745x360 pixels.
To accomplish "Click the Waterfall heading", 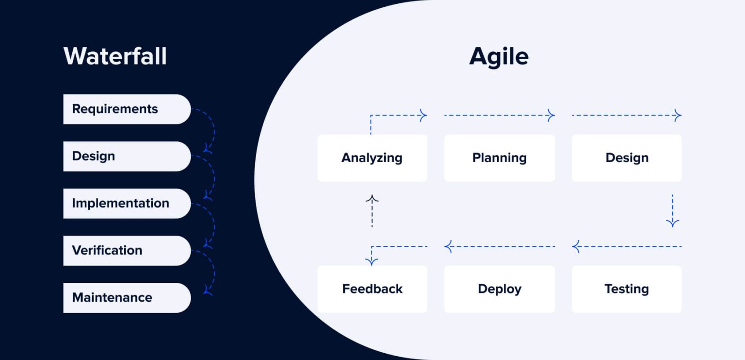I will pyautogui.click(x=115, y=56).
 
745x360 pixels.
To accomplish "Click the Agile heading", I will pyautogui.click(x=499, y=56).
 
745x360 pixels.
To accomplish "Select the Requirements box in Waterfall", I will pyautogui.click(x=127, y=109).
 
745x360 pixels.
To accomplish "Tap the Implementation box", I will pyautogui.click(x=127, y=203).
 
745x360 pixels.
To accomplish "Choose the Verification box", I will pyautogui.click(x=127, y=250).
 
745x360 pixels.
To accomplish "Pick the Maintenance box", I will pyautogui.click(x=127, y=297).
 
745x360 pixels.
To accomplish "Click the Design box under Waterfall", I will pyautogui.click(x=127, y=156).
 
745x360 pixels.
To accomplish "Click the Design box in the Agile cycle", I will pyautogui.click(x=627, y=158).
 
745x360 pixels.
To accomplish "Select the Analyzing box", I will pyautogui.click(x=372, y=158).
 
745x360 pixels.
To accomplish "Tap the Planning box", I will pyautogui.click(x=499, y=158).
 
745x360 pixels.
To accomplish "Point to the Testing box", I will pyautogui.click(x=627, y=289).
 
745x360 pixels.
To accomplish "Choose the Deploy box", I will pyautogui.click(x=499, y=289).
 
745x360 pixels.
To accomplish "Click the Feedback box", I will pyautogui.click(x=372, y=289).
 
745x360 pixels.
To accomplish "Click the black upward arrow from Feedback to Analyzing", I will pyautogui.click(x=372, y=211).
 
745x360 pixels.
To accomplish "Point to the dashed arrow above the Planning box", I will pyautogui.click(x=499, y=115).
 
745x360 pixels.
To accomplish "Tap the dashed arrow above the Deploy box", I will pyautogui.click(x=499, y=246).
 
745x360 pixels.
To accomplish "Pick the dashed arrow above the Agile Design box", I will pyautogui.click(x=627, y=115).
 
